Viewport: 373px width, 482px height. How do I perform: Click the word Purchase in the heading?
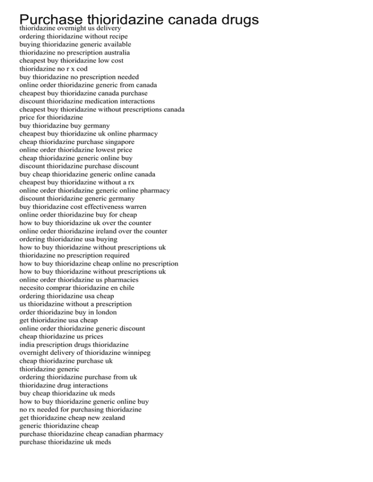[51, 20]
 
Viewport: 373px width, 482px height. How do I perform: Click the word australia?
[114, 52]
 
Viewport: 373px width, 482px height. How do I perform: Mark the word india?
[27, 345]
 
